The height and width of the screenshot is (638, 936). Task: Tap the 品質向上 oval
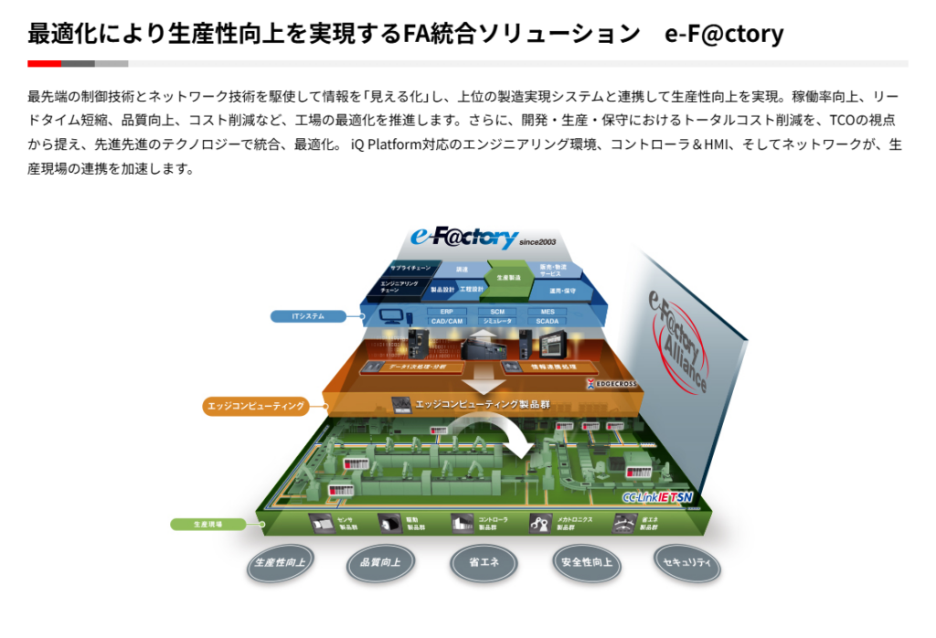pyautogui.click(x=381, y=563)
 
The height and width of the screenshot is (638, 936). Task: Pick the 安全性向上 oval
pyautogui.click(x=588, y=563)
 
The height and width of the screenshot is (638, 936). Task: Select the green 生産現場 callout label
pyautogui.click(x=207, y=524)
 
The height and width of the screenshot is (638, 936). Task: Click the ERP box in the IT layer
pyautogui.click(x=447, y=312)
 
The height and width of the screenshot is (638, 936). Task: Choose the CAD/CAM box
pyautogui.click(x=447, y=321)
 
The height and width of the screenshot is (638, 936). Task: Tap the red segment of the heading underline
pyautogui.click(x=44, y=64)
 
